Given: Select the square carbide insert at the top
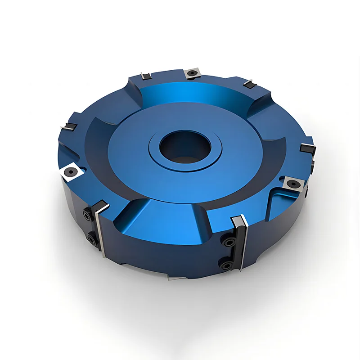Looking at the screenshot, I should coord(193,73).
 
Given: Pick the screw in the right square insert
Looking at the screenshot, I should coord(293,184).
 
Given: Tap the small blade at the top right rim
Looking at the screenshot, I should coord(248,84).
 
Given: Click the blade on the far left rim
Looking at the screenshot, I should coord(69,128).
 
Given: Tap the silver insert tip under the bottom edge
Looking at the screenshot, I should coord(176,278).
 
